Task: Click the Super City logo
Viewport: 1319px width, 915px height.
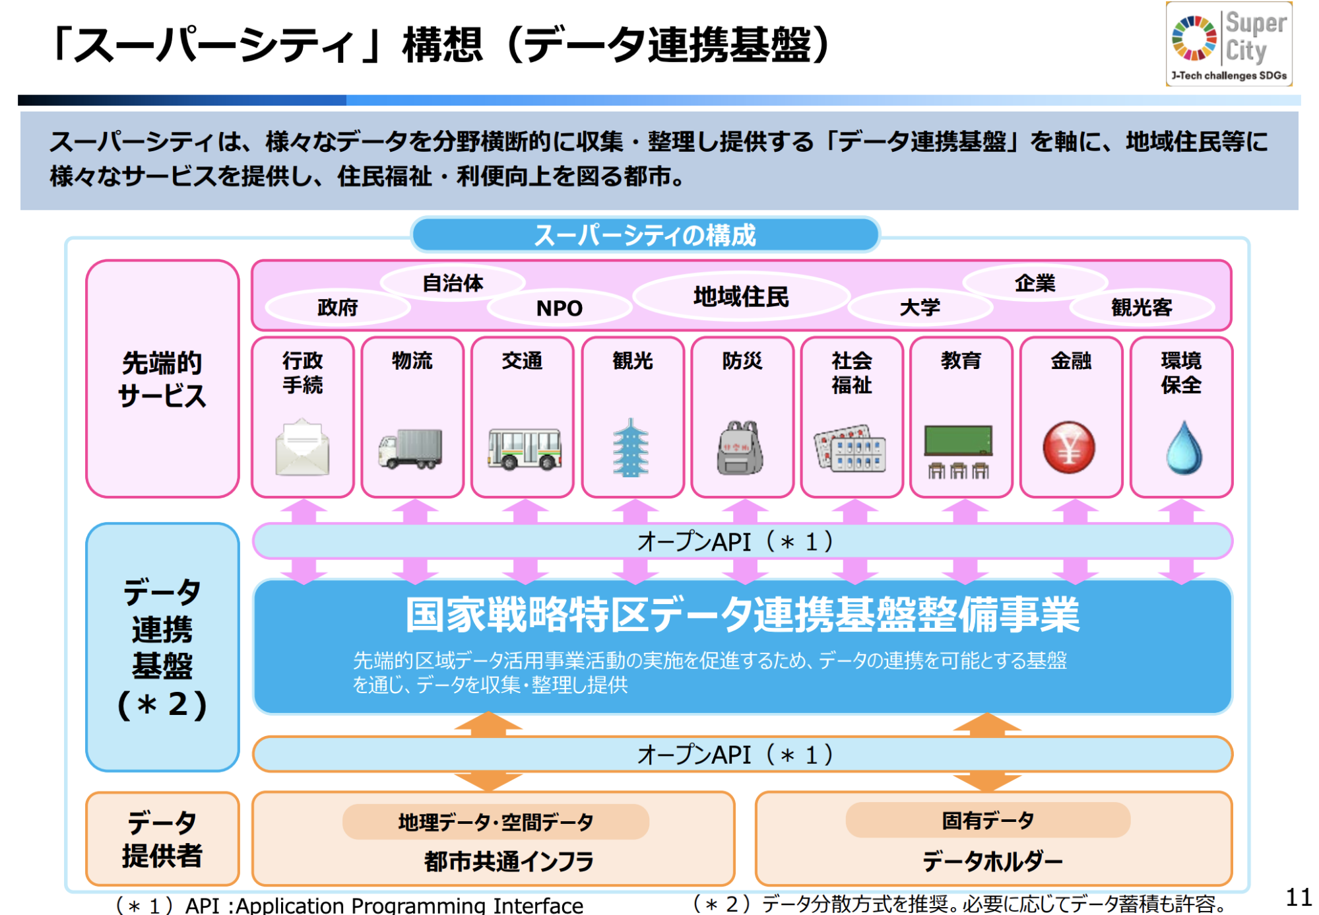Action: coord(1229,44)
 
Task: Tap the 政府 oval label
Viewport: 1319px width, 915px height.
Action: coord(338,308)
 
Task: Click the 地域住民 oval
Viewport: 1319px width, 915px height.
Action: coord(741,297)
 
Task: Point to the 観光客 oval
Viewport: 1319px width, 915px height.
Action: coord(1142,308)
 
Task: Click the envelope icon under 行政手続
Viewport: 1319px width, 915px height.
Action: coord(302,447)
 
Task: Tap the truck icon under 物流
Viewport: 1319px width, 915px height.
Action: coord(410,449)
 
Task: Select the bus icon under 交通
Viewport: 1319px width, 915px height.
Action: coord(525,449)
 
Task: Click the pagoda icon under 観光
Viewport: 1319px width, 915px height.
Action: coord(631,448)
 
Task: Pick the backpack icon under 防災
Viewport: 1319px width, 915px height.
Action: coord(740,448)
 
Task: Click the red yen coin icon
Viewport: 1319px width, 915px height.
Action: coord(1069,448)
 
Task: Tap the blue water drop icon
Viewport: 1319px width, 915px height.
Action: coord(1184,448)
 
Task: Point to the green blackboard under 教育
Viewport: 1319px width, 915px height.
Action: coord(959,440)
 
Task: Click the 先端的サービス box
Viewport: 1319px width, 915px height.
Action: coord(162,378)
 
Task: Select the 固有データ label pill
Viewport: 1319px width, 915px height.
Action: coord(988,821)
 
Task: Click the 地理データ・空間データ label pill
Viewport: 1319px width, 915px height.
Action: coord(496,822)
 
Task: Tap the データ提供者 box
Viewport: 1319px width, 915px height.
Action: coord(162,838)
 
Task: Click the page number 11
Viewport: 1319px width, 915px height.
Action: coord(1299,897)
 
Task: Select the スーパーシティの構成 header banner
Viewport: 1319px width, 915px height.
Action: coord(645,235)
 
